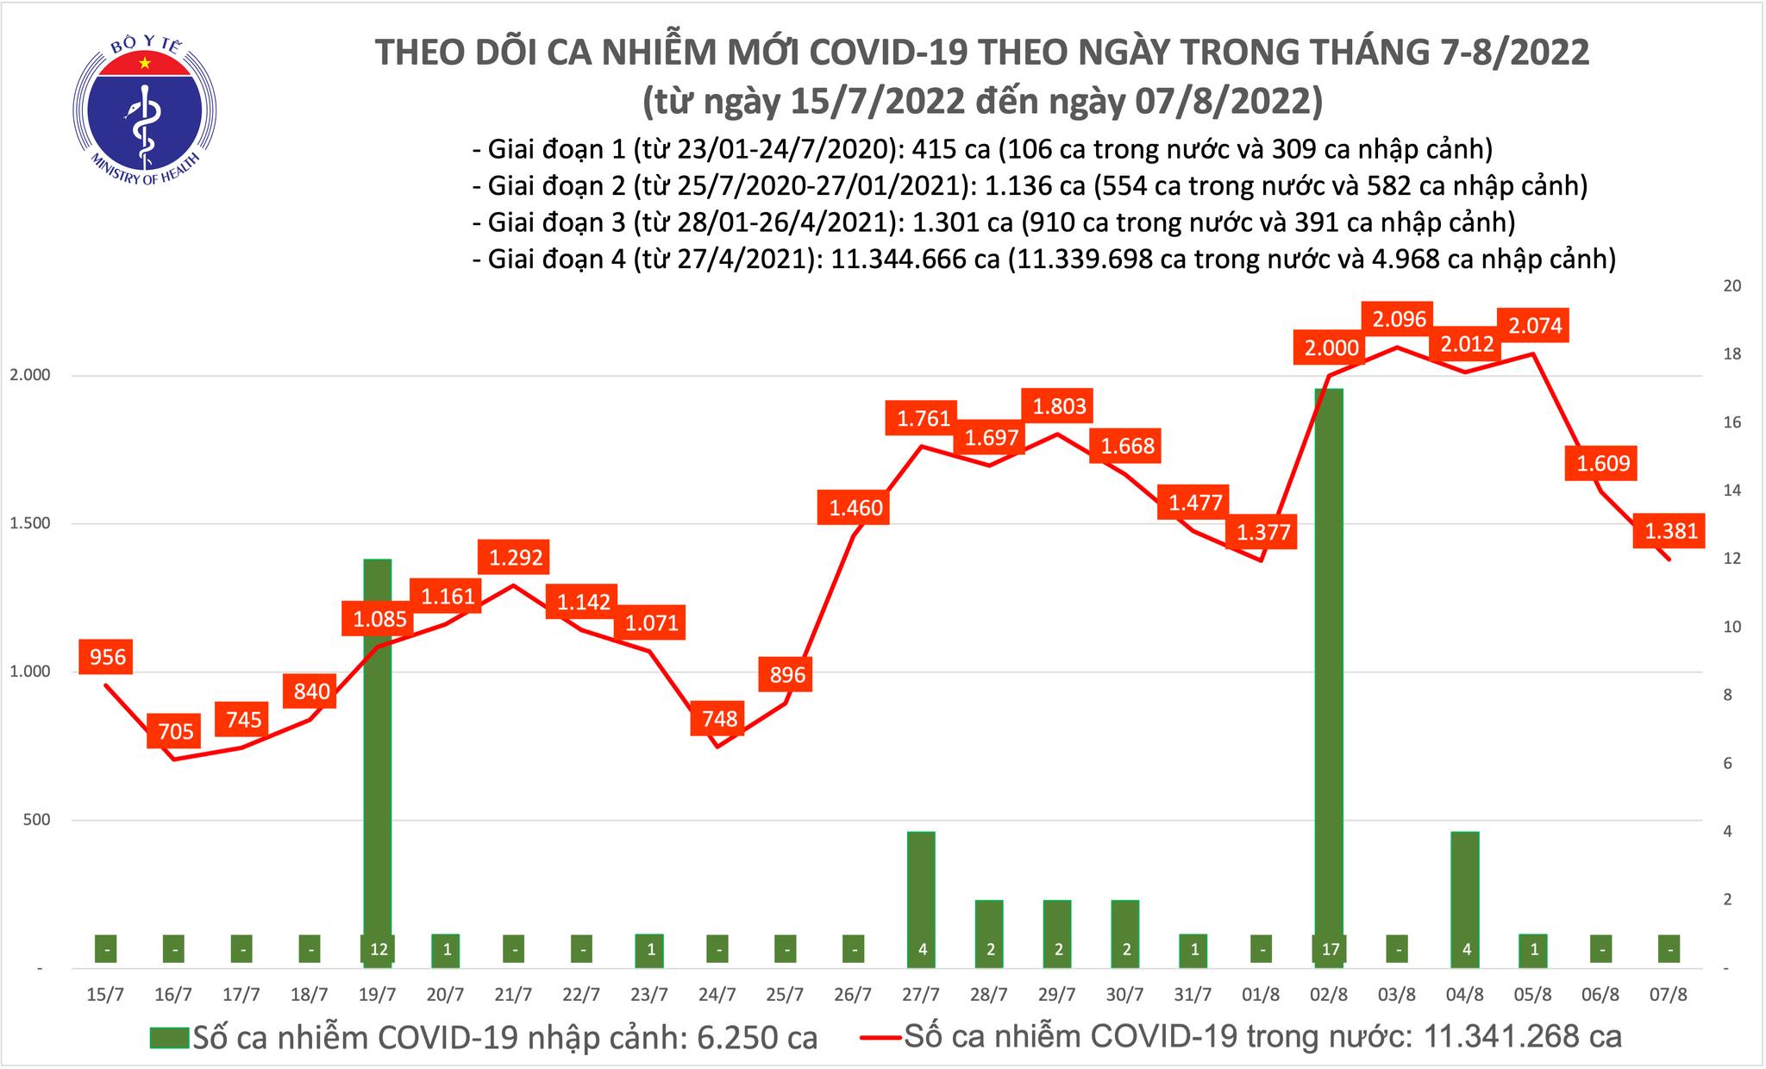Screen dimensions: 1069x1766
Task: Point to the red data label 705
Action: point(176,732)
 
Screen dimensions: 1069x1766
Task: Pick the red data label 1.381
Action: point(1670,532)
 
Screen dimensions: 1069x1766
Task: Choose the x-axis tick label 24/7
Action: point(717,994)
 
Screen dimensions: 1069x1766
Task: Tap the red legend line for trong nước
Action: point(880,1037)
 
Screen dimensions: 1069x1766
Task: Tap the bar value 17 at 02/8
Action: point(1329,950)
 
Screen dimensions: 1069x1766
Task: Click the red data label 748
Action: point(719,717)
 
